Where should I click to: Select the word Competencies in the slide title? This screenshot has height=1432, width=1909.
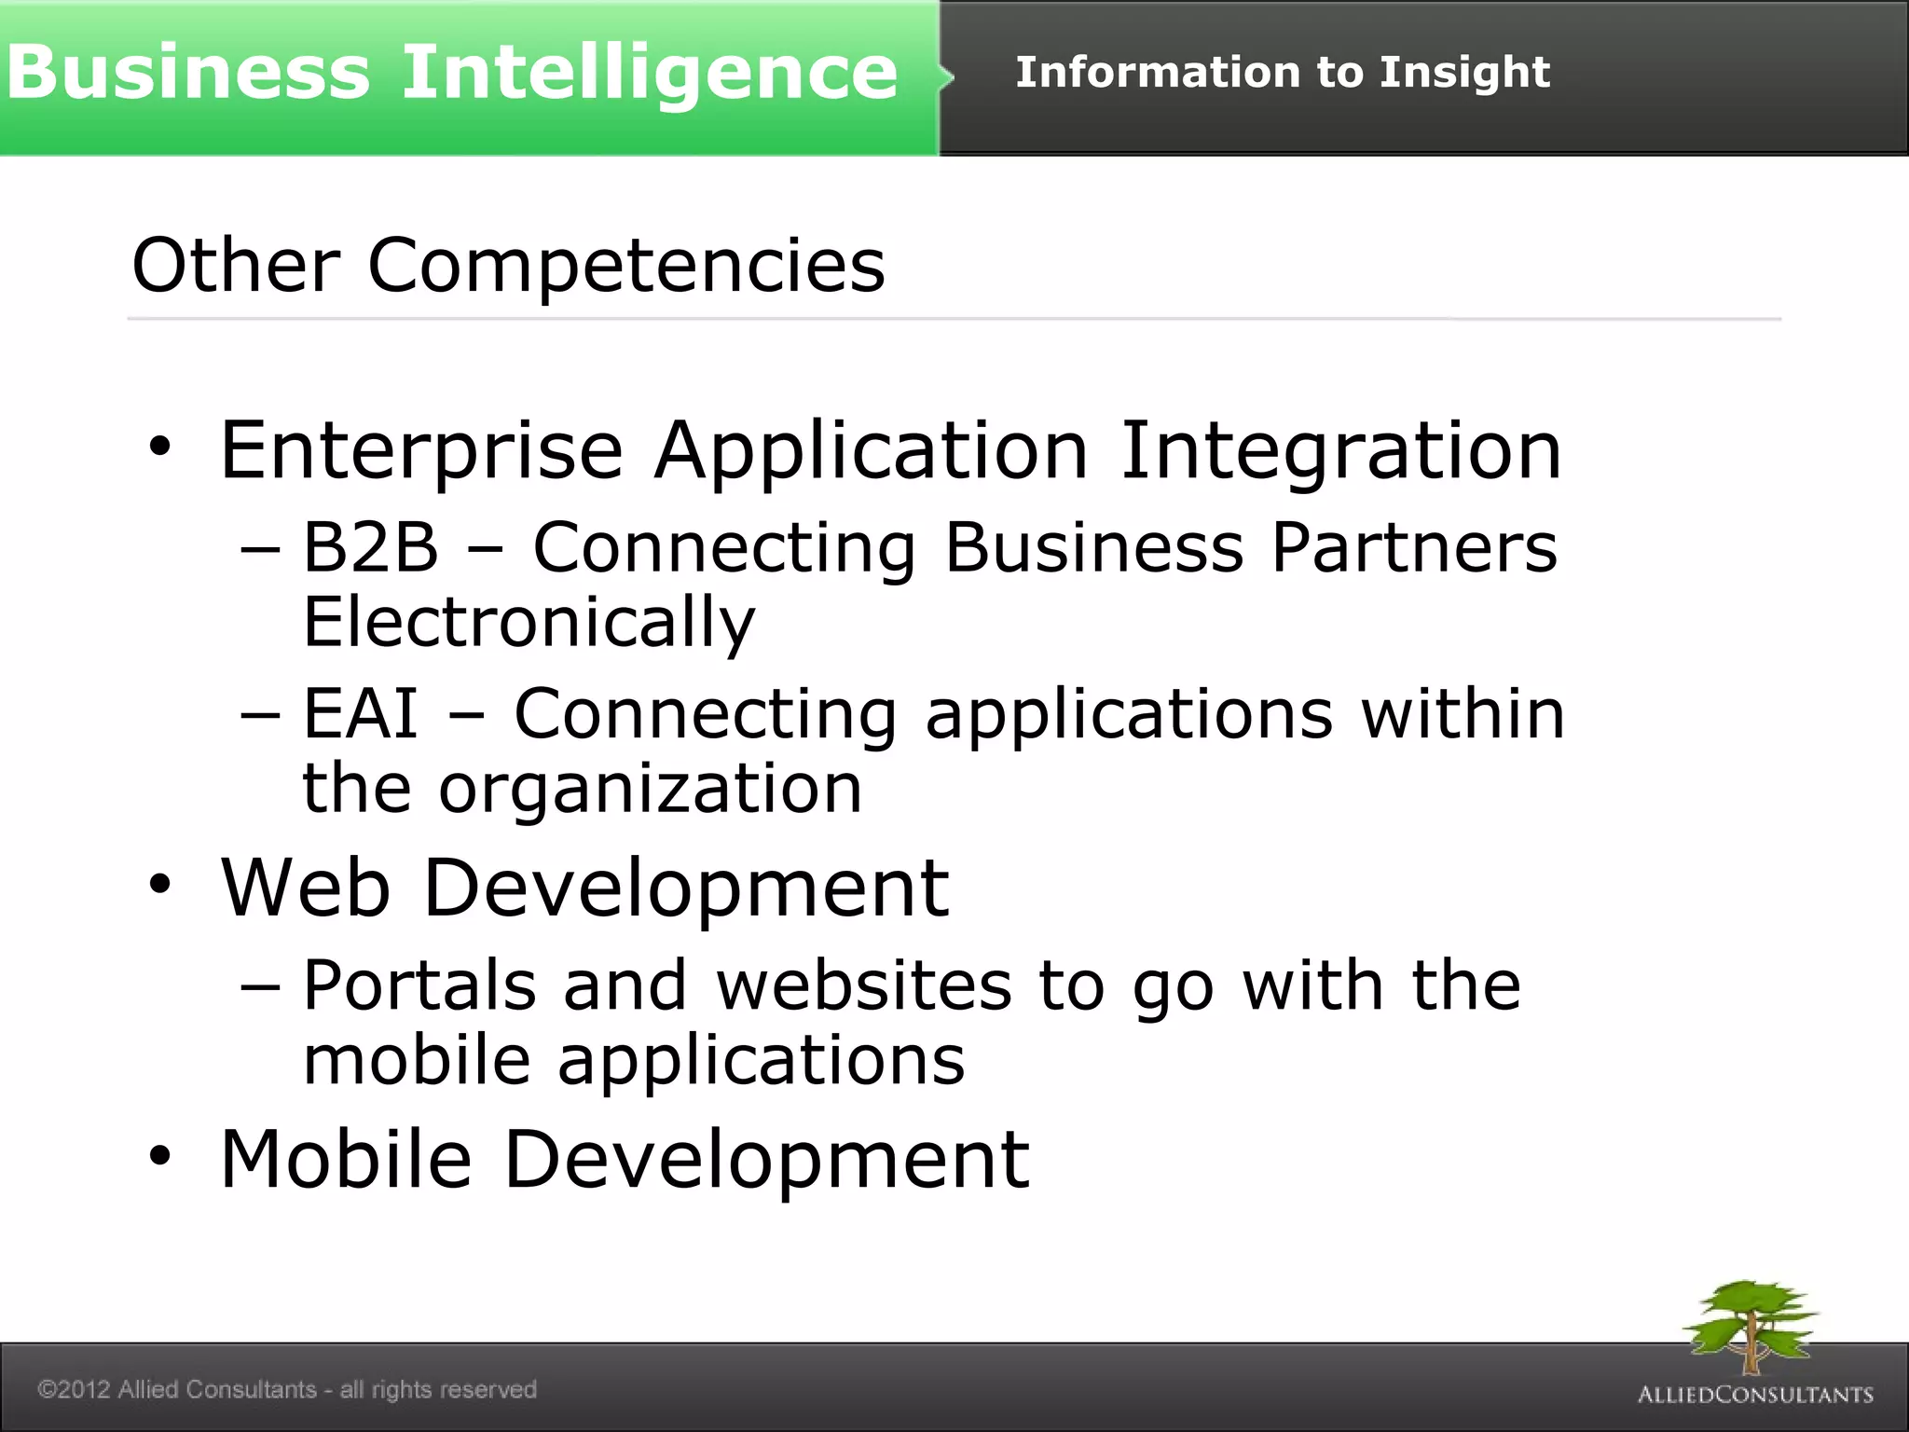click(x=626, y=266)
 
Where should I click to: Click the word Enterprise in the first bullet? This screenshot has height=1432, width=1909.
click(x=421, y=451)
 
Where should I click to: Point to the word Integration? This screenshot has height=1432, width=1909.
click(x=1340, y=451)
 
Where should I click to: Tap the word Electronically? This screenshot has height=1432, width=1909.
click(x=529, y=622)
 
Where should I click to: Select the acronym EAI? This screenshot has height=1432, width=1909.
click(x=361, y=713)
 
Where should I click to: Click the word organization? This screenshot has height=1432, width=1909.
click(x=650, y=789)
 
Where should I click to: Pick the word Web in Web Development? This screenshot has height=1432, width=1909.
click(x=306, y=888)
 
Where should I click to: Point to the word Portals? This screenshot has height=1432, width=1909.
click(x=420, y=985)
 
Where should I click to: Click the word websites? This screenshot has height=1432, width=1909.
click(x=864, y=985)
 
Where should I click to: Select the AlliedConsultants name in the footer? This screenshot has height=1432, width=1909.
click(x=1755, y=1395)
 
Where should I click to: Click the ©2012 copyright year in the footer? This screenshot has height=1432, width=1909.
click(x=75, y=1389)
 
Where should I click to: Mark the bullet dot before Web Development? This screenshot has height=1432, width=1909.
click(x=160, y=884)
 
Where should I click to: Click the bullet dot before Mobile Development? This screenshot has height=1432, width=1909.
click(x=160, y=1156)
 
